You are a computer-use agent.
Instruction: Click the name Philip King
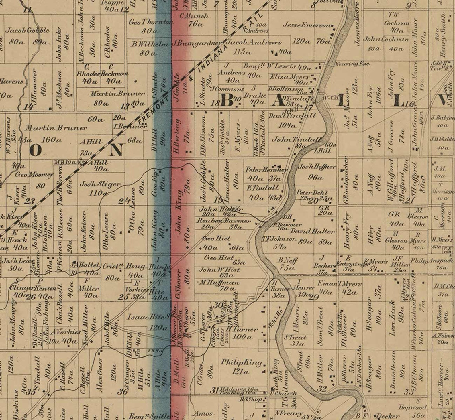coord(241,363)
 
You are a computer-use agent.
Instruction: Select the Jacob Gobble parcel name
coord(28,30)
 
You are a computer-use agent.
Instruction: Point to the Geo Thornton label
coord(150,22)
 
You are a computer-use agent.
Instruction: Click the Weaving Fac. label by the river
coord(352,64)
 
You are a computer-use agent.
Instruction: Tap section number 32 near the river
coord(322,389)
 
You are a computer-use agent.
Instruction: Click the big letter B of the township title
coord(227,101)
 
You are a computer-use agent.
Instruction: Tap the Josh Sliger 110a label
coord(100,188)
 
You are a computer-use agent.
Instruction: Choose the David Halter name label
coord(313,231)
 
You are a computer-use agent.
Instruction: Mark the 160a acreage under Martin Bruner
coord(51,140)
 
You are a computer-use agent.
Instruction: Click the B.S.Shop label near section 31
coord(251,399)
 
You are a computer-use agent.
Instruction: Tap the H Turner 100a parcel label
coord(242,333)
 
